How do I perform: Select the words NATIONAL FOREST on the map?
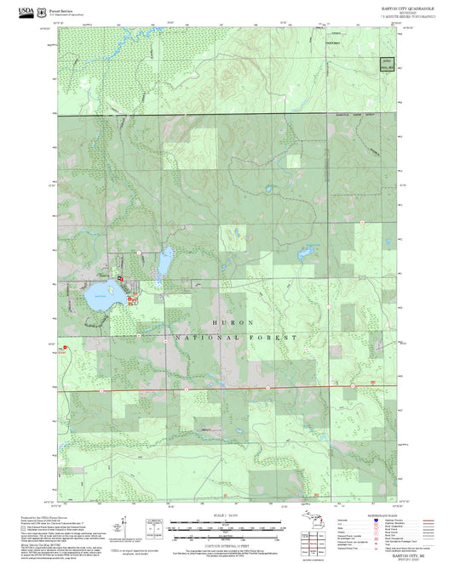236,338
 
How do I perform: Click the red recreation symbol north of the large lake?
120,278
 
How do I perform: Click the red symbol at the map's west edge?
64,347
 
